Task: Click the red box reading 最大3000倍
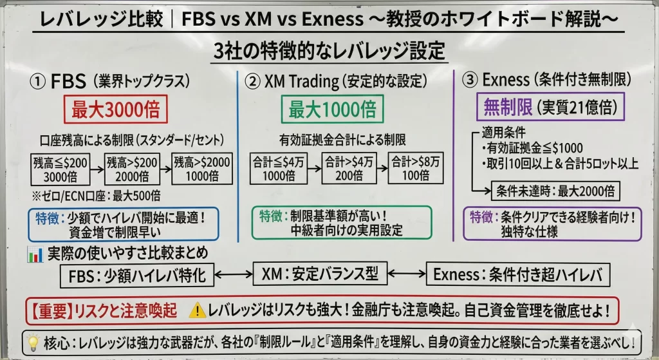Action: (115, 109)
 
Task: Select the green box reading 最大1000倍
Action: (332, 109)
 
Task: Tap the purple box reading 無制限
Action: (504, 108)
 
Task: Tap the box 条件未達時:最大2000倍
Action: (555, 191)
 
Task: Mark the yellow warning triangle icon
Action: (198, 311)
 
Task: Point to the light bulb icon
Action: (32, 341)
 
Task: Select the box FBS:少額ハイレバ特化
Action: (137, 276)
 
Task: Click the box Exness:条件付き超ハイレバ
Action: (517, 276)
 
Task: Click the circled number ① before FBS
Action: (39, 82)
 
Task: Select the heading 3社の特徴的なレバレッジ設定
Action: (329, 51)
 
